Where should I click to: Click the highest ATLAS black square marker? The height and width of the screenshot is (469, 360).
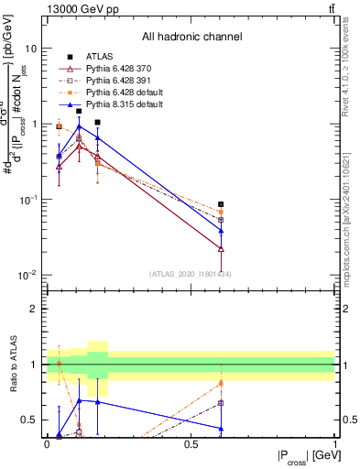(x=79, y=111)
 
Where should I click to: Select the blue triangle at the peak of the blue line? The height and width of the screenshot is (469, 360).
(x=79, y=126)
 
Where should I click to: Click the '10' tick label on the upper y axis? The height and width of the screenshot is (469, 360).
(x=30, y=48)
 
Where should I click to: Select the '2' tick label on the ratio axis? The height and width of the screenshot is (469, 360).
(x=33, y=309)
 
